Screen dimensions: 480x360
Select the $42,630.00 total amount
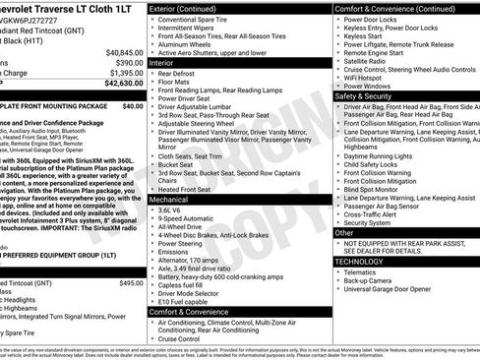[x=124, y=84]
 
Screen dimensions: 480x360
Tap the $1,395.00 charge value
[x=126, y=73]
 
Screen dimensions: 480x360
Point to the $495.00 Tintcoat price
[x=131, y=255]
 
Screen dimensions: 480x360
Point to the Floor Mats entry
[x=176, y=82]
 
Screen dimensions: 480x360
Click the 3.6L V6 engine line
[x=171, y=210]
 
